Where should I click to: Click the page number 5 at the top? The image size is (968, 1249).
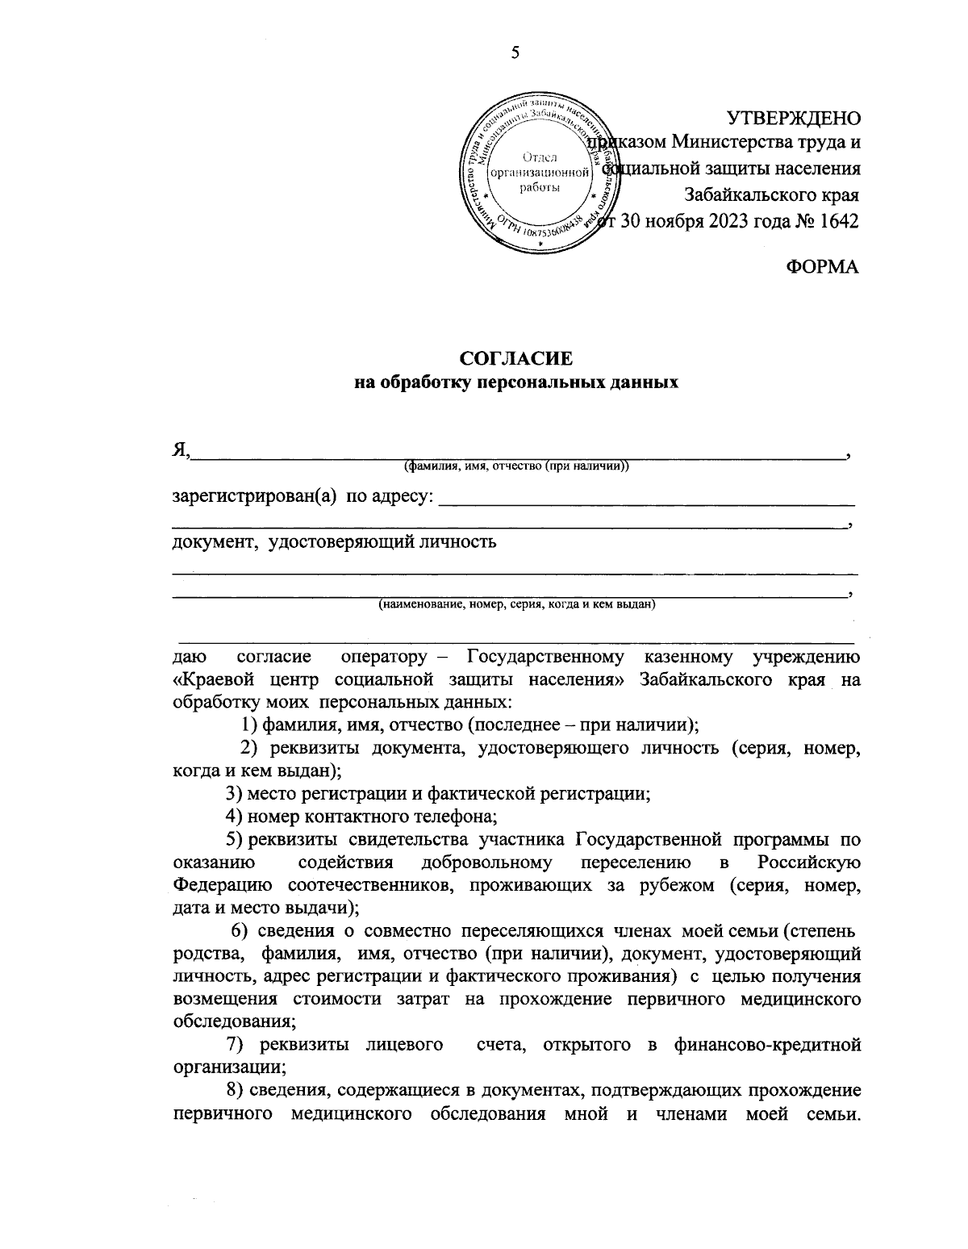point(515,54)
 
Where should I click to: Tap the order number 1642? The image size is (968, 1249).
point(838,221)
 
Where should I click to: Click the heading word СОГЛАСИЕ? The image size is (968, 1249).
point(515,358)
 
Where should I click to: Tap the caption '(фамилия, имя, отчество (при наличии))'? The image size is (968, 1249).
point(516,466)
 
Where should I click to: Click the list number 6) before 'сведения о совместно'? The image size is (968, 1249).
point(240,931)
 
